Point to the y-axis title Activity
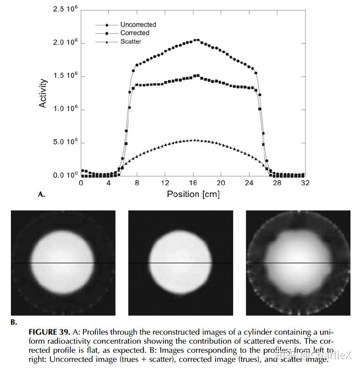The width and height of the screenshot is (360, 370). [43, 93]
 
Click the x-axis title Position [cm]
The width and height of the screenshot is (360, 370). [193, 194]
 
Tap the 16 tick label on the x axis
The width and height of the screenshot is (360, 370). [193, 183]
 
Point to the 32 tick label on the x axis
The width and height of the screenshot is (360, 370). [305, 183]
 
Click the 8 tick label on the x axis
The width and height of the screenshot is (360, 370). [137, 183]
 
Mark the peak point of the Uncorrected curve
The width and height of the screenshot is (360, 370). [197, 40]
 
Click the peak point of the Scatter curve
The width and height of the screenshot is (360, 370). [194, 140]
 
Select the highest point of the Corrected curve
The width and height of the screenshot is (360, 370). [197, 76]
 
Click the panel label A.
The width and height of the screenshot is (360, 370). [41, 195]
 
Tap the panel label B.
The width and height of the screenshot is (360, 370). [14, 322]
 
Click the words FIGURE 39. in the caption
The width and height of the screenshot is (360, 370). [49, 332]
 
